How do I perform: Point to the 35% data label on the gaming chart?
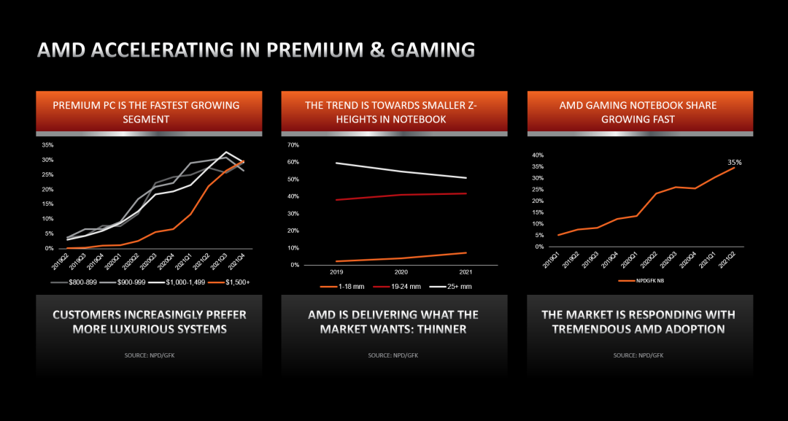tap(734, 162)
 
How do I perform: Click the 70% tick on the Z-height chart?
tap(293, 145)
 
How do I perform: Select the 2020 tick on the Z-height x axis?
tap(401, 271)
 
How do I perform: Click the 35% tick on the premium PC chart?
tap(47, 145)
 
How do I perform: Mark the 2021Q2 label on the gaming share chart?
tap(727, 260)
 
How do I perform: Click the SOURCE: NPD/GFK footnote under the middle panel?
tap(393, 355)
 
